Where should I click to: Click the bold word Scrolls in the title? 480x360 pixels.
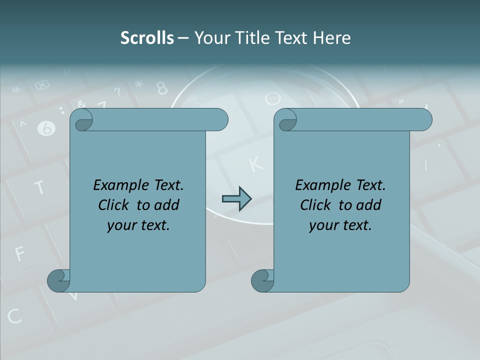147,38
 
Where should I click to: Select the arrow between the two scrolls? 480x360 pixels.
236,199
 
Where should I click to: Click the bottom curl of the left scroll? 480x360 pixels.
58,280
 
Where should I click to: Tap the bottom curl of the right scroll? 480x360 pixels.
262,280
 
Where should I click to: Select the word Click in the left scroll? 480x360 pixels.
115,205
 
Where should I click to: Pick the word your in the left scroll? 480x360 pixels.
121,225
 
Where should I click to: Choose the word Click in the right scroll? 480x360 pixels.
317,205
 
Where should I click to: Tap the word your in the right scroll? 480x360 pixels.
323,225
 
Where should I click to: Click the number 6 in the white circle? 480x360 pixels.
46,129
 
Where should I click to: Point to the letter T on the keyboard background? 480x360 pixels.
39,187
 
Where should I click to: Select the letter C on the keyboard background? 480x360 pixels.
14,316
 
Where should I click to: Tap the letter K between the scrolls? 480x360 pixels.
255,163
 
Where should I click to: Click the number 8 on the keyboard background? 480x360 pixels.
162,88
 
